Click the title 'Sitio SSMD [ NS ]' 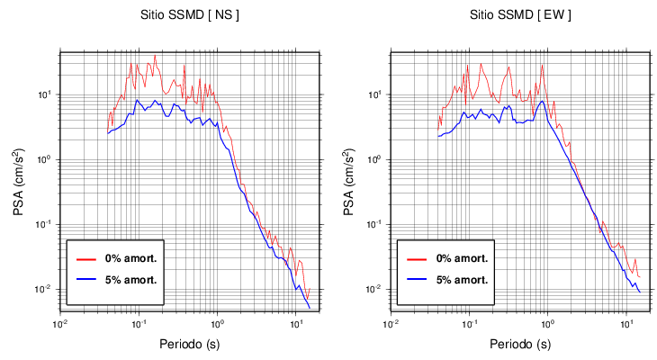pos(191,15)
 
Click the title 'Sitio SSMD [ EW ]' pos(520,15)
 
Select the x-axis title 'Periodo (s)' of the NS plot pos(190,344)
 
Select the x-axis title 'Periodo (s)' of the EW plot pos(520,344)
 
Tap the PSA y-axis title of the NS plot pos(20,180)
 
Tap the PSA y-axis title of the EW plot pos(350,180)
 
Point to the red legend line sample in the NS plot pos(86,258)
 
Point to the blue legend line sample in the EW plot pos(417,280)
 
